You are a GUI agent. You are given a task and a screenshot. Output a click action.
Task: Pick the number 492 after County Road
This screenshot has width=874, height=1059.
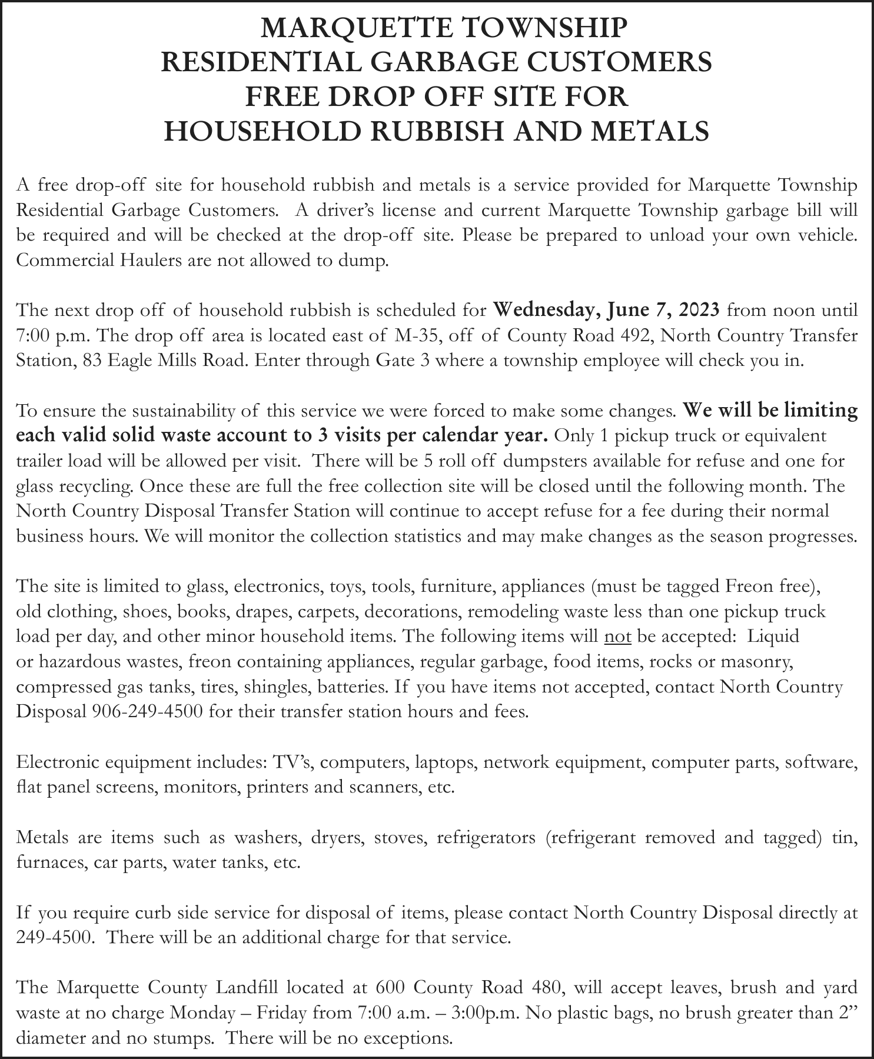click(636, 335)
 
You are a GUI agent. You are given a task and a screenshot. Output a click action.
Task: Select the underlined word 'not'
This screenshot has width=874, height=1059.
click(617, 637)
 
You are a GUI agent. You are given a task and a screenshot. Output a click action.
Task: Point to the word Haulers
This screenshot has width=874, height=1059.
click(145, 260)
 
